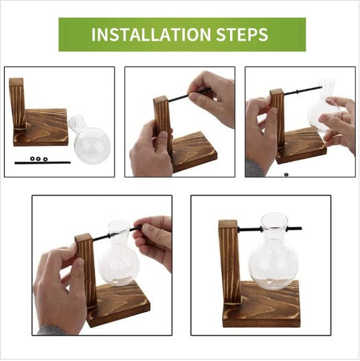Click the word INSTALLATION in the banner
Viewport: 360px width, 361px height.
click(x=151, y=34)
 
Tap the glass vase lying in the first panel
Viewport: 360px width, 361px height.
click(x=90, y=140)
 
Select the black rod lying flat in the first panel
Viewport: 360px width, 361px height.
click(x=43, y=162)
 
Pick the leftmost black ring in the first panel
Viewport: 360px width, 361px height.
click(x=32, y=159)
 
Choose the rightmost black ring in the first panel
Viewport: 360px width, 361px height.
click(x=45, y=159)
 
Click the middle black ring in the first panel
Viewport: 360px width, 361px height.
click(x=38, y=159)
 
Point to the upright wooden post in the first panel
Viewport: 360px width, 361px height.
click(x=17, y=103)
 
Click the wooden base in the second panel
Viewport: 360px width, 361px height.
click(x=194, y=151)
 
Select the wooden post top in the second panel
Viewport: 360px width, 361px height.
click(x=159, y=99)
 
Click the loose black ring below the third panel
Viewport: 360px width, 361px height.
click(x=286, y=175)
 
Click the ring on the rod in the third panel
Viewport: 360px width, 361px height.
click(x=297, y=91)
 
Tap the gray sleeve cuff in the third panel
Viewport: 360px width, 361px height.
click(x=254, y=167)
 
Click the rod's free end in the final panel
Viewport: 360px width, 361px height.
click(x=300, y=228)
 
